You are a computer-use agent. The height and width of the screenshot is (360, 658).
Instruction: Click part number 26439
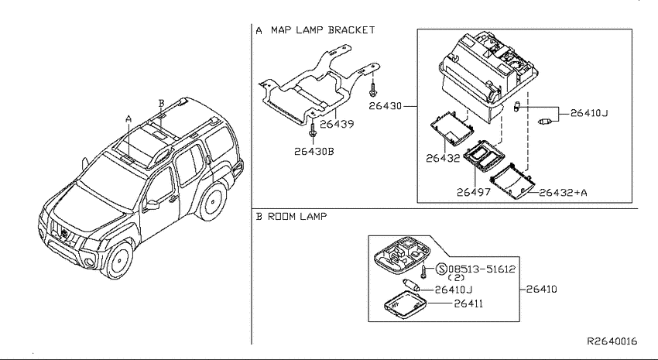[x=337, y=124]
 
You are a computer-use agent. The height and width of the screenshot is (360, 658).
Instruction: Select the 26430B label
[x=314, y=152]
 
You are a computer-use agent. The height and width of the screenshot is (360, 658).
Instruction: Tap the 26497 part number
[x=473, y=192]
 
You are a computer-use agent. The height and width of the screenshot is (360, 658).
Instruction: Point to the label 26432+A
[x=563, y=193]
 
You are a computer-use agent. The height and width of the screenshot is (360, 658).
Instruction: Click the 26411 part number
[x=468, y=303]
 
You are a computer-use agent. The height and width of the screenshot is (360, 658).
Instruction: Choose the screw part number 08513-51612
[x=482, y=269]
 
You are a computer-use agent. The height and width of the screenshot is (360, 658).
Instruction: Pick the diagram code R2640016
[x=612, y=341]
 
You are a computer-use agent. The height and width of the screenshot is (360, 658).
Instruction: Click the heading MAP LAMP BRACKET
[x=322, y=30]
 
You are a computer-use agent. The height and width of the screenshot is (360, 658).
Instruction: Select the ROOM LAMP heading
[x=297, y=217]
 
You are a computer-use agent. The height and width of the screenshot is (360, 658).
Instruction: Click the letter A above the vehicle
[x=129, y=119]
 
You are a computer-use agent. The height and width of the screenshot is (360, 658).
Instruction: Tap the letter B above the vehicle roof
[x=162, y=103]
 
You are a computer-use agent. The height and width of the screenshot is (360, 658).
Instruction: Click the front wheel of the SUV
[x=118, y=259]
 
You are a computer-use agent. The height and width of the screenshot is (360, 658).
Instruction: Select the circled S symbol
[x=441, y=269]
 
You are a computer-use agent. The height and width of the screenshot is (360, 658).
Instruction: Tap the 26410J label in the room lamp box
[x=453, y=290]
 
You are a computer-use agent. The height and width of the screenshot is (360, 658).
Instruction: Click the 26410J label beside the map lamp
[x=589, y=113]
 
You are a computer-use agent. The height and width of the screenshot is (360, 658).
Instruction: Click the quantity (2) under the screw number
[x=456, y=278]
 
